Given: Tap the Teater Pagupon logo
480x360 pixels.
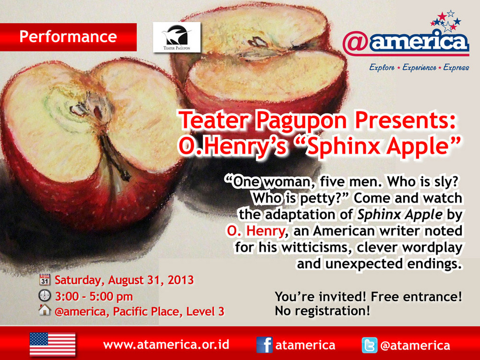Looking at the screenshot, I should coord(176,37).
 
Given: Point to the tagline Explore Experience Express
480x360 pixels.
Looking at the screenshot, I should coord(419,68).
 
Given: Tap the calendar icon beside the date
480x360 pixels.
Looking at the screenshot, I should coord(45,279).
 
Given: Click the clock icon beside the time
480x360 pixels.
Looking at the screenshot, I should coord(45,296).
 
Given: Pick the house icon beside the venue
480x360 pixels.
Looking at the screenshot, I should coord(45,311).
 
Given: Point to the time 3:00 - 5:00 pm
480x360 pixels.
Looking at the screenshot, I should coord(94,296).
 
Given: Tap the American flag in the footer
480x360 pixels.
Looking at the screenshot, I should coord(52,344).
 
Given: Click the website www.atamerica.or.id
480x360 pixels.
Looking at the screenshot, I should coord(166,345).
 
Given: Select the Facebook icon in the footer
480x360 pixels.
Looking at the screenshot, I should coord(264,345).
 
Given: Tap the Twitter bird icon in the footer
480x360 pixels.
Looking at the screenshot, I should coord(370,345).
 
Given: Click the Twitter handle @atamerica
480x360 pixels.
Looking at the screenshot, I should coord(415,345).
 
